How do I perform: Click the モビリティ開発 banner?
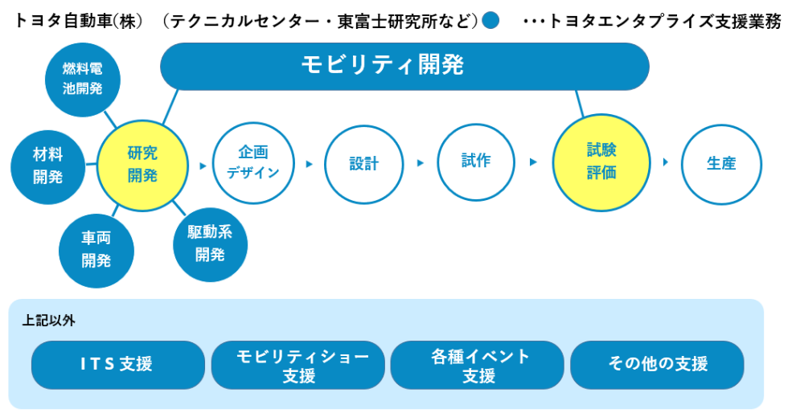pyautogui.click(x=404, y=67)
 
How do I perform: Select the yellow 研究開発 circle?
pyautogui.click(x=142, y=166)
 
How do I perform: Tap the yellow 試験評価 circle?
pyautogui.click(x=601, y=162)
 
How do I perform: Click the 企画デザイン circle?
pyautogui.click(x=253, y=163)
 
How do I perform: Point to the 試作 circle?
pyautogui.click(x=476, y=162)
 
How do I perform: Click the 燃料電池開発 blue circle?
pyautogui.click(x=83, y=80)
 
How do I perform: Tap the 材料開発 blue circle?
pyautogui.click(x=47, y=166)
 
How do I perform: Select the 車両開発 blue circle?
pyautogui.click(x=96, y=251)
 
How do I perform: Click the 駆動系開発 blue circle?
pyautogui.click(x=210, y=244)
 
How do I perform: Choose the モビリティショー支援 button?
pyautogui.click(x=298, y=366)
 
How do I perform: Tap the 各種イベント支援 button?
pyautogui.click(x=478, y=366)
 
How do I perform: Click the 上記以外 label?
pyautogui.click(x=49, y=321)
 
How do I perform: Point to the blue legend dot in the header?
pyautogui.click(x=490, y=20)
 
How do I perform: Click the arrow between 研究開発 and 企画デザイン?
pyautogui.click(x=203, y=166)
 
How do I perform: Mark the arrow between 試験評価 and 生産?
pyautogui.click(x=666, y=162)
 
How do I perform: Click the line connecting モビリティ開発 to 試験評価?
pyautogui.click(x=579, y=104)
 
